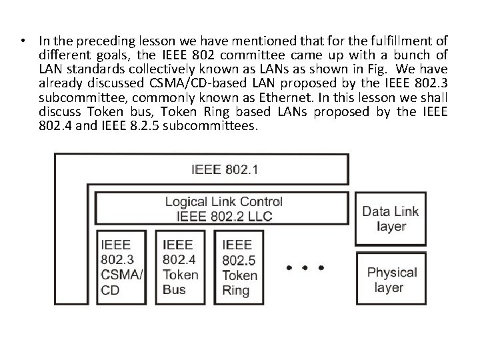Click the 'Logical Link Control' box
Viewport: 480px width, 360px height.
(223, 208)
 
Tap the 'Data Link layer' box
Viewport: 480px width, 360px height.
(390, 219)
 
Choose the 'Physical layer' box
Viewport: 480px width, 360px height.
(392, 280)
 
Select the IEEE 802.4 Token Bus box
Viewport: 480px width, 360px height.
(181, 267)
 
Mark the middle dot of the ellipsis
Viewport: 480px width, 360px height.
(305, 268)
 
